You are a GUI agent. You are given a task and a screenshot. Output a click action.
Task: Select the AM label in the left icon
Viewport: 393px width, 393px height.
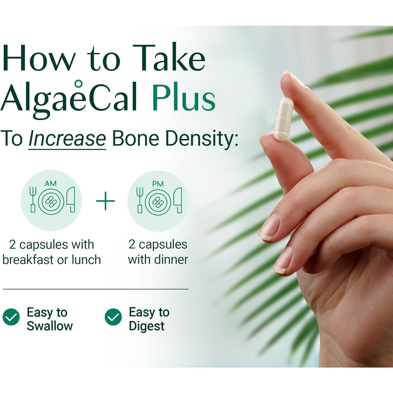(51, 183)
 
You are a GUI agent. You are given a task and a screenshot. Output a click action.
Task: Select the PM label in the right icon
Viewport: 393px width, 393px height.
(158, 184)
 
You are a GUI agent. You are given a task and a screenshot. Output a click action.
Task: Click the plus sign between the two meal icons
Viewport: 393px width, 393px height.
(105, 201)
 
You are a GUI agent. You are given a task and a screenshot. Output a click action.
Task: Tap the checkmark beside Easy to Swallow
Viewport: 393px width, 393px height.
(11, 317)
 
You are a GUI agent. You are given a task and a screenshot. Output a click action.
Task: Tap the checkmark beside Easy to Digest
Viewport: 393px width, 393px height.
(113, 317)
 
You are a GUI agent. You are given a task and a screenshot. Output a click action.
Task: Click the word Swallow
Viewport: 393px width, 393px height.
(50, 326)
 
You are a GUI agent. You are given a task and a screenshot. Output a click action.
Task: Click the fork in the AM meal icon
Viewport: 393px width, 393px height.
(33, 199)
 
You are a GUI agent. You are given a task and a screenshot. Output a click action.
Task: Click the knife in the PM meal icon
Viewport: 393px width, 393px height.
(178, 200)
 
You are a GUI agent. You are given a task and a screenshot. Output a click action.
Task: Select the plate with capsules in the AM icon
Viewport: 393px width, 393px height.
(51, 201)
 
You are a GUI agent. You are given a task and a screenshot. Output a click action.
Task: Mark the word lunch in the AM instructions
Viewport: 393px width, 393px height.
(86, 260)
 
